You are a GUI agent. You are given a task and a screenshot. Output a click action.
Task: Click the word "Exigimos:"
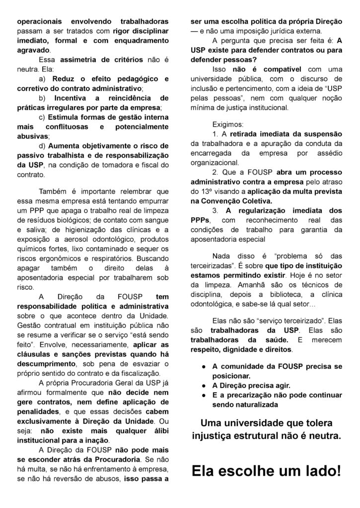pyautogui.click(x=228, y=124)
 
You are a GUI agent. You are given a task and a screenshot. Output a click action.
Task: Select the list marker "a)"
pyautogui.click(x=41, y=79)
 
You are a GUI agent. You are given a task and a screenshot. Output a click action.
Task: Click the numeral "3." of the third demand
pyautogui.click(x=215, y=210)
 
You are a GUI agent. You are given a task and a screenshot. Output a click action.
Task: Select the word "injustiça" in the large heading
pyautogui.click(x=214, y=437)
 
